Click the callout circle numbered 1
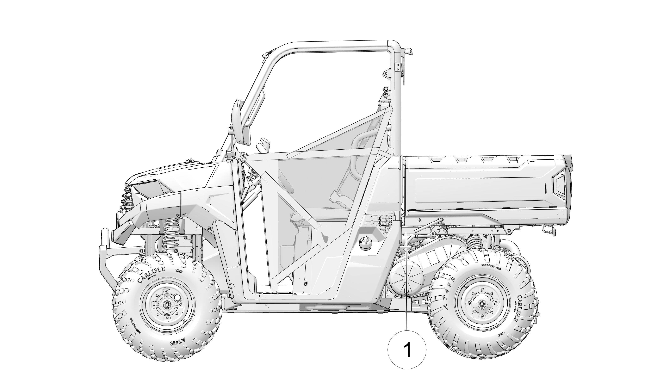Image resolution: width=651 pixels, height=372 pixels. click(407, 349)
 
